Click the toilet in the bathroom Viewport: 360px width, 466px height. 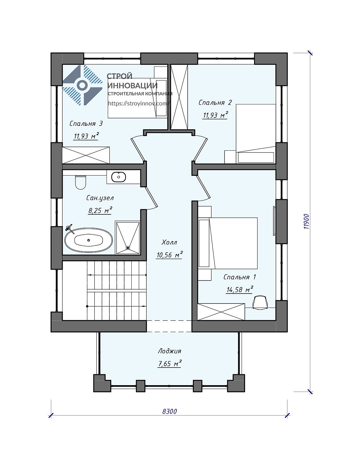81,182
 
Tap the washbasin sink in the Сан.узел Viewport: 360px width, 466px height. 119,177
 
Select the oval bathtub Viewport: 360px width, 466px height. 89,240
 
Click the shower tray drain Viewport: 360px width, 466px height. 128,248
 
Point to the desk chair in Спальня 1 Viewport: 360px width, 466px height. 260,303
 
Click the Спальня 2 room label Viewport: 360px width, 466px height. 215,103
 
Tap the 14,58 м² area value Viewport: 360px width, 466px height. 239,290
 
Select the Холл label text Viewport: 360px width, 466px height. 169,243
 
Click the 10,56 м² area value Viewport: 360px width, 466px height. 169,255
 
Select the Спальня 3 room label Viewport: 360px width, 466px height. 86,124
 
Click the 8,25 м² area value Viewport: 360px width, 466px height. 100,211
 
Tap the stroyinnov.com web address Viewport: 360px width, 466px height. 139,103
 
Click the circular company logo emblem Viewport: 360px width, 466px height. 82,85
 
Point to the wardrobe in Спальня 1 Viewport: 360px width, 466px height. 221,312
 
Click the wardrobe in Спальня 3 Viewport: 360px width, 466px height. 86,155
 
